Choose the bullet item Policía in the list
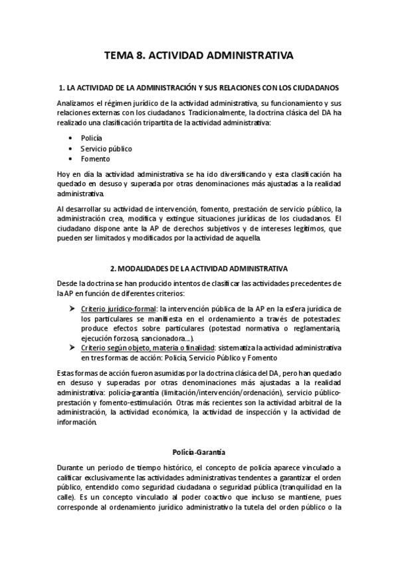click(x=91, y=138)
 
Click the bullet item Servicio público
click(x=106, y=148)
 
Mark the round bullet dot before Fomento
click(x=70, y=159)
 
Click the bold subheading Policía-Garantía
click(x=199, y=452)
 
